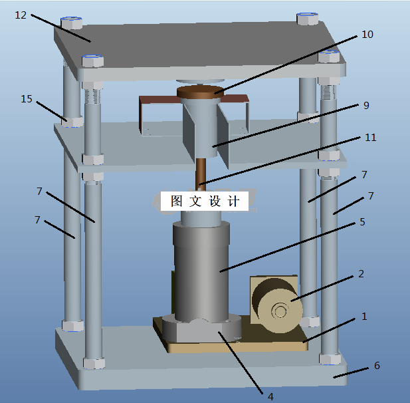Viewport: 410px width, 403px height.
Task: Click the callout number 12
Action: pyautogui.click(x=21, y=15)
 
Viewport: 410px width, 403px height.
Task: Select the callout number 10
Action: pyautogui.click(x=367, y=35)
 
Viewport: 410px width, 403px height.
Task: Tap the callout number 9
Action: pyautogui.click(x=365, y=105)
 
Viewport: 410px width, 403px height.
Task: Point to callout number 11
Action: pyautogui.click(x=370, y=138)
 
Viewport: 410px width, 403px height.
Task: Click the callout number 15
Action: pyautogui.click(x=26, y=99)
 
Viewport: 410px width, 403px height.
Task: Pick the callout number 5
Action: pyautogui.click(x=361, y=221)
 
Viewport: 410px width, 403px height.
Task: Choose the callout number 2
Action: pyautogui.click(x=361, y=273)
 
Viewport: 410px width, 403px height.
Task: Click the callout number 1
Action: pyautogui.click(x=363, y=317)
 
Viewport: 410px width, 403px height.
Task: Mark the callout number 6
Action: pyautogui.click(x=377, y=366)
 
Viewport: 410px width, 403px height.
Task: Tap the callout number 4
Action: pyautogui.click(x=270, y=396)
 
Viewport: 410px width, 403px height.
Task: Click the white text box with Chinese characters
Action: pyautogui.click(x=205, y=201)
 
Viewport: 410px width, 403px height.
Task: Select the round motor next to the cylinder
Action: pyautogui.click(x=279, y=307)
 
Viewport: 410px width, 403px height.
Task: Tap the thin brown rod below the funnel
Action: pyautogui.click(x=200, y=173)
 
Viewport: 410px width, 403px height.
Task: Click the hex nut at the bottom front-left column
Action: pyautogui.click(x=94, y=363)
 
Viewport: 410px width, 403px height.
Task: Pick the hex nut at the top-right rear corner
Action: pyautogui.click(x=307, y=18)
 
